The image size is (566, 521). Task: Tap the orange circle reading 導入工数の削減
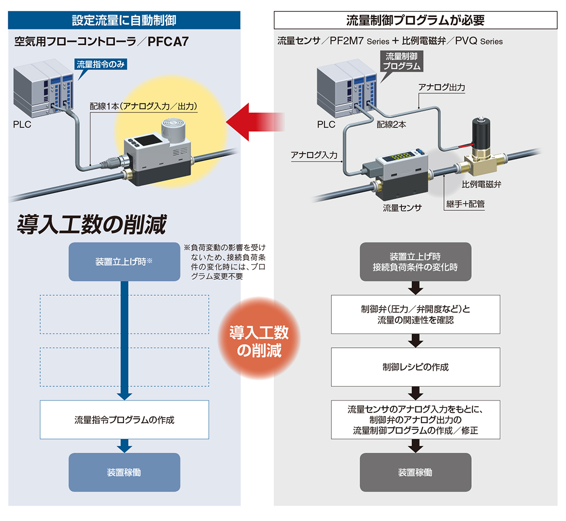click(x=259, y=338)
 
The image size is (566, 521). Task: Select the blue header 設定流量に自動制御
click(x=124, y=20)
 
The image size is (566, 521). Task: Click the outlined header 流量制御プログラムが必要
click(x=415, y=20)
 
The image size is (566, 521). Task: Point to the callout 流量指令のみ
click(x=100, y=65)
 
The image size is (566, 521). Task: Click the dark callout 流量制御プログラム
click(x=401, y=61)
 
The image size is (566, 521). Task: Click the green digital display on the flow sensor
click(x=401, y=157)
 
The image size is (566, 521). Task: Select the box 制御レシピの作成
click(x=415, y=367)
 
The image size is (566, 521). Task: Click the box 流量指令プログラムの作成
click(x=124, y=420)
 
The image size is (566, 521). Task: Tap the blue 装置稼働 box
click(x=124, y=472)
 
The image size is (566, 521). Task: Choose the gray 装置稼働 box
click(x=415, y=472)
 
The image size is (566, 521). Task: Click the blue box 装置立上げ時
click(x=124, y=262)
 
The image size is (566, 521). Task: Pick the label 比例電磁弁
click(x=481, y=184)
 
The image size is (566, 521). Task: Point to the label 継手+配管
click(x=465, y=204)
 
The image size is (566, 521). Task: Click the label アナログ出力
click(x=441, y=87)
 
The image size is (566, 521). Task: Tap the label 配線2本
click(x=391, y=124)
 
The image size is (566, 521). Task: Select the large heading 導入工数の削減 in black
click(x=92, y=224)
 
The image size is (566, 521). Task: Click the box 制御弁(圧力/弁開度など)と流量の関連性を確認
click(x=415, y=314)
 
